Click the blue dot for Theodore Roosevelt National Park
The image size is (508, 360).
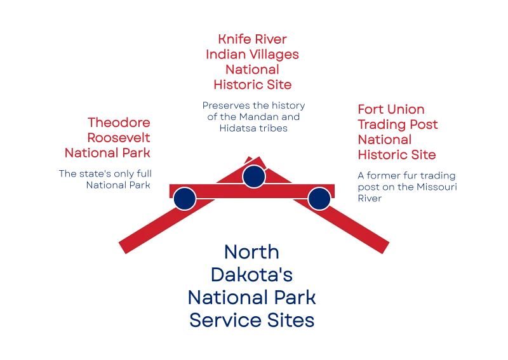(x=185, y=199)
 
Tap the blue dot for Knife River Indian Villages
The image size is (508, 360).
(x=254, y=177)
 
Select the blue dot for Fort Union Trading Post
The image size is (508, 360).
(x=319, y=199)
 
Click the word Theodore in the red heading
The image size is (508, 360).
(x=119, y=123)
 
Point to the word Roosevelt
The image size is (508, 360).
(x=119, y=138)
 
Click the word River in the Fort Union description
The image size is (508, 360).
(x=370, y=198)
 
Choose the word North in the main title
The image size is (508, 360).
(x=251, y=252)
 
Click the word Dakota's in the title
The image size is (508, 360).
(x=251, y=275)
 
